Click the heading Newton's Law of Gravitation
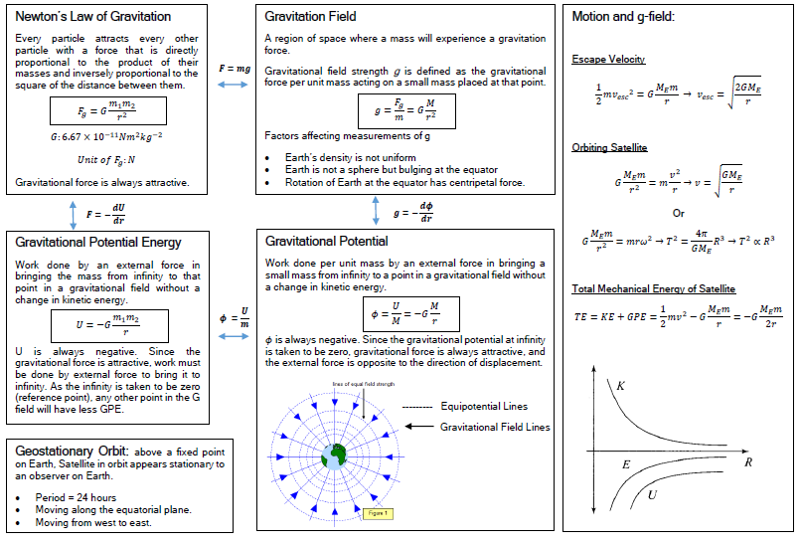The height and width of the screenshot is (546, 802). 93,17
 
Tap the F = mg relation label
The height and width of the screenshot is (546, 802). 234,69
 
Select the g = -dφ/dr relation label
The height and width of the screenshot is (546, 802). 412,212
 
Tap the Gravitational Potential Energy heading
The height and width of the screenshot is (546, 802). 98,242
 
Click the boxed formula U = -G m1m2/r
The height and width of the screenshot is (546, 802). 109,325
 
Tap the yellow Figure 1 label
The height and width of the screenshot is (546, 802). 377,513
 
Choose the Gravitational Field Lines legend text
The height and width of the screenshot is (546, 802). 495,427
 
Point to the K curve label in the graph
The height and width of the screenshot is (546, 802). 621,385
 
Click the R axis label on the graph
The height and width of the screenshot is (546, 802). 747,462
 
